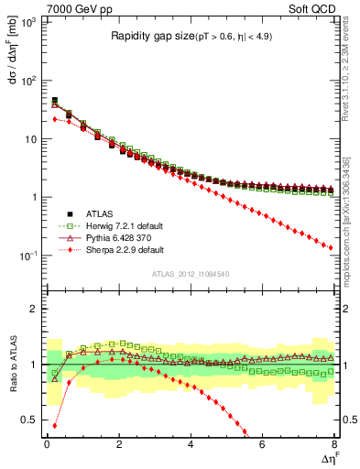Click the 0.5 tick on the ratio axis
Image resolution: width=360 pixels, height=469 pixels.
pos(29,420)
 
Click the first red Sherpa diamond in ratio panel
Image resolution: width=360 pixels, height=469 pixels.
pos(55,425)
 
